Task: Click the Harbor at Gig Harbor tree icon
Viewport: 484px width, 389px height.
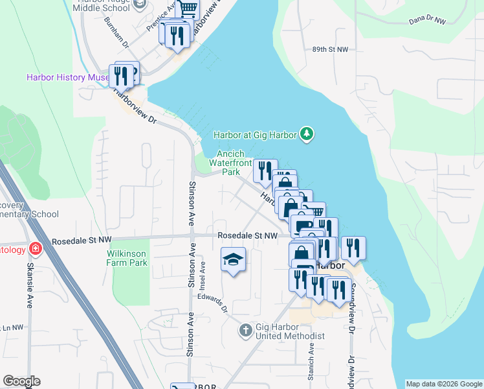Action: click(307, 135)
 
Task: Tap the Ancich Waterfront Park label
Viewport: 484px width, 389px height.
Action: click(226, 163)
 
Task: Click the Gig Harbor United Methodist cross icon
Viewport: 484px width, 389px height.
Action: click(245, 331)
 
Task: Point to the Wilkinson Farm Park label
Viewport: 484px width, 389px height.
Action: click(127, 257)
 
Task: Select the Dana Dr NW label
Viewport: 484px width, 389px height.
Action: click(428, 21)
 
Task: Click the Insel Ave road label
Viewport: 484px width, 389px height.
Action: click(203, 275)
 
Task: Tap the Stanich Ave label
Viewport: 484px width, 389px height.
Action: click(311, 358)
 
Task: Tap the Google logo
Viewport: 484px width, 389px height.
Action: click(21, 381)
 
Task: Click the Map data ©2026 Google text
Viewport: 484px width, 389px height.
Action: click(444, 384)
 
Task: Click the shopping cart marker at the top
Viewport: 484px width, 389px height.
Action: click(188, 8)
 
